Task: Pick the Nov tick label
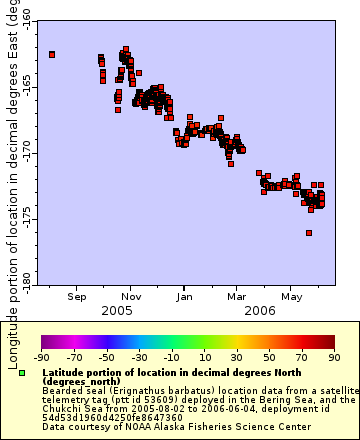pos(131,296)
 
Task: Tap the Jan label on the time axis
pos(185,296)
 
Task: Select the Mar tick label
pos(238,296)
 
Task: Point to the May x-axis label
pos(291,296)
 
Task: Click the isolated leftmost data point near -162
pos(52,54)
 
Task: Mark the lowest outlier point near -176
pos(309,233)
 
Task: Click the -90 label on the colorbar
pos(42,356)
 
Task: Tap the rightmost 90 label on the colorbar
pos(333,356)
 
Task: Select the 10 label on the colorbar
pos(204,356)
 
